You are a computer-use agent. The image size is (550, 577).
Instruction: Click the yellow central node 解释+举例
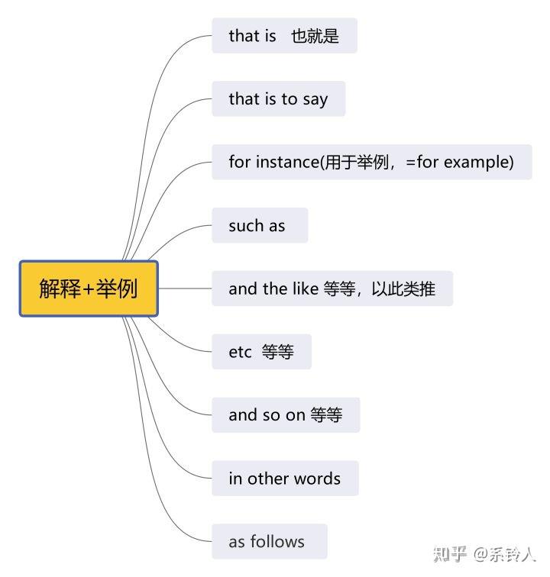[89, 288]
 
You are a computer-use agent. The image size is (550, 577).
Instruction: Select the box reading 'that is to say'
[279, 99]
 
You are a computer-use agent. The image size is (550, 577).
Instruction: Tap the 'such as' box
[260, 225]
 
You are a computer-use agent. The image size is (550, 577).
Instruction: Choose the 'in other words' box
[285, 478]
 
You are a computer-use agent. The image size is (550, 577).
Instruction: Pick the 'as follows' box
[270, 541]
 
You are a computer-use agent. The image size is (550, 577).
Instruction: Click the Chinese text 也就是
[315, 36]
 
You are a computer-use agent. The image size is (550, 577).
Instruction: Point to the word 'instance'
[288, 162]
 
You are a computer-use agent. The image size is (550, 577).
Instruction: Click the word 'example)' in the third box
[478, 163]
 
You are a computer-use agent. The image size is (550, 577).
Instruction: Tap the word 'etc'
[240, 352]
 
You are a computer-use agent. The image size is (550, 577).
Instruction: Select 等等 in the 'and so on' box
[326, 415]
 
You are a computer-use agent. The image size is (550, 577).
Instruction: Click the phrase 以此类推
[403, 288]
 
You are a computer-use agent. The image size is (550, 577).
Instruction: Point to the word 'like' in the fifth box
[306, 288]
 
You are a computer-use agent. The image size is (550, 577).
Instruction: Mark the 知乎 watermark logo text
[450, 554]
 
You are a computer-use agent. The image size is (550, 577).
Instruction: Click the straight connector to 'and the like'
[186, 288]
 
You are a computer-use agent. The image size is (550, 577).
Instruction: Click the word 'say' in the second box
[315, 100]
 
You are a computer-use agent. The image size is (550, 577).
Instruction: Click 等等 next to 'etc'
[278, 352]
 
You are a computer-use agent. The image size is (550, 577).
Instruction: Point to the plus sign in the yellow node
[89, 288]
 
